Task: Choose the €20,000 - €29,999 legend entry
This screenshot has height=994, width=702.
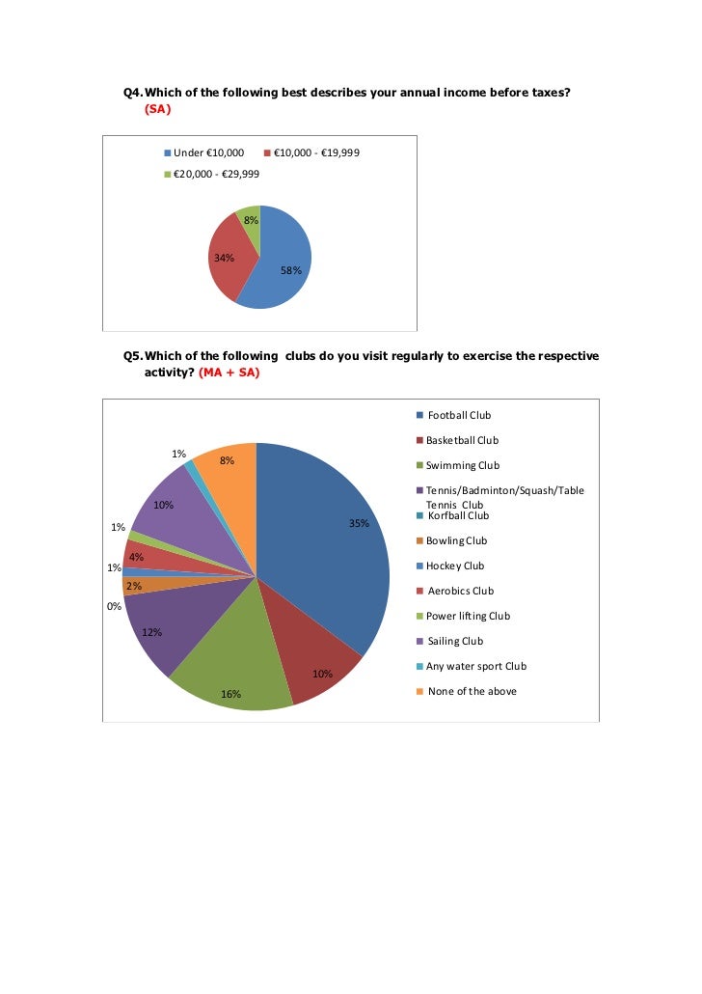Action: point(215,175)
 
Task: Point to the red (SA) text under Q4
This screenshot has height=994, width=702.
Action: point(157,109)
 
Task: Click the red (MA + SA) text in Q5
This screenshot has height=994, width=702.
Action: point(229,373)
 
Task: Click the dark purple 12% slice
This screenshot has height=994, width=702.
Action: point(154,627)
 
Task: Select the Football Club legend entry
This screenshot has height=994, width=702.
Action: point(459,415)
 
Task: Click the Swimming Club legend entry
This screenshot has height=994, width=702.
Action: point(463,465)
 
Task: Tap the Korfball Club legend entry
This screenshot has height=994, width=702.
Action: point(458,515)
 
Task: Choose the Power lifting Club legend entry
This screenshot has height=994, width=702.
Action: point(468,616)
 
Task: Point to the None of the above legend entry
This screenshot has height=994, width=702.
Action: point(472,691)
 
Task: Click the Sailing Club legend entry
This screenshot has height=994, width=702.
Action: point(455,641)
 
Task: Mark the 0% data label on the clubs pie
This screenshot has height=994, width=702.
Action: point(114,606)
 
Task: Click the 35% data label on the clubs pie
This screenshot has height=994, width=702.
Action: point(359,524)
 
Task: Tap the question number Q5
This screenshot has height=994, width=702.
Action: point(132,356)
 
